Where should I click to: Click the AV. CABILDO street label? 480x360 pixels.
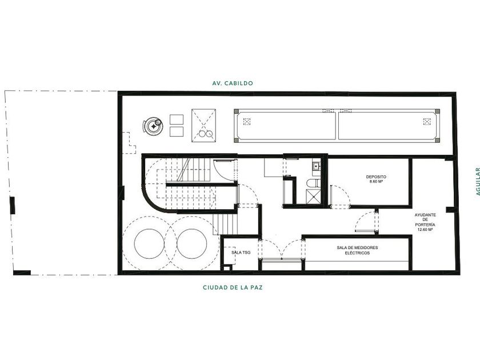coord(233,83)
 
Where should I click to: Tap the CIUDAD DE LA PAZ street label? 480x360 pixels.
coord(233,287)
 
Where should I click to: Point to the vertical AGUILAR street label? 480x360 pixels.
coord(477,182)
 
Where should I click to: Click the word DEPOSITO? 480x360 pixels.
coord(376,177)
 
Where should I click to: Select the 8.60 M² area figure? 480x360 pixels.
coord(376,182)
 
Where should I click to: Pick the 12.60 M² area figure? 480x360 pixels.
coord(425,230)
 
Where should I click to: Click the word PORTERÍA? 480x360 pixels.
coord(425,225)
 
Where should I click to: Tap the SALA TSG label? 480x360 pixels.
coord(241,252)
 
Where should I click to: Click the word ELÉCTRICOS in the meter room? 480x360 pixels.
coord(357,253)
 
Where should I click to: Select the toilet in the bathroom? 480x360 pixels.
coord(314,183)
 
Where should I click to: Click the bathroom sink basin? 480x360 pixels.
coord(316,166)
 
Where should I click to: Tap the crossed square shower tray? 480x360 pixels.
coord(313,196)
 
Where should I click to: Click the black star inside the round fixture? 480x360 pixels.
coord(153,126)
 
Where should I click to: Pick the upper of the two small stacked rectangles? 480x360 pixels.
coord(177,119)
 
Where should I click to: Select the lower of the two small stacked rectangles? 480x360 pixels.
coord(177,131)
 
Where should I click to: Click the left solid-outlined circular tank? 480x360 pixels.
coord(149,243)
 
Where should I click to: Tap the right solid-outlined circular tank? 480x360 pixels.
coord(192,243)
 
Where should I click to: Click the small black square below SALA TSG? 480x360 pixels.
coord(226,269)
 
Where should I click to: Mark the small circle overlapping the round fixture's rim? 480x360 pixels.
coord(158,122)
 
